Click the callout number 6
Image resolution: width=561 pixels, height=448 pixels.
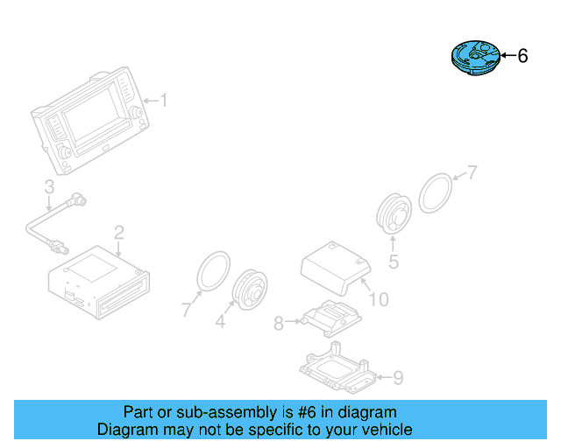point(523,57)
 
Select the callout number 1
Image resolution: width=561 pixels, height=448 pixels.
point(162,101)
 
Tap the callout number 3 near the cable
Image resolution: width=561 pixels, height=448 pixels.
point(49,185)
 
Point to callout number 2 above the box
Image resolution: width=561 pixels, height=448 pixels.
point(119,232)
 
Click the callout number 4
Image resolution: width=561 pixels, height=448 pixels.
point(221,322)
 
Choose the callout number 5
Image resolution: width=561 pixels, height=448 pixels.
point(394,261)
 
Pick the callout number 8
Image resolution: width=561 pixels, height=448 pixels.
point(279,324)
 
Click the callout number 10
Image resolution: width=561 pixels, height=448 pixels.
point(379,300)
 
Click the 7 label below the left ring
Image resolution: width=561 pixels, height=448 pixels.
point(186,308)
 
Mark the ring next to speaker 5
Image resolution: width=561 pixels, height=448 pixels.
point(436,192)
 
